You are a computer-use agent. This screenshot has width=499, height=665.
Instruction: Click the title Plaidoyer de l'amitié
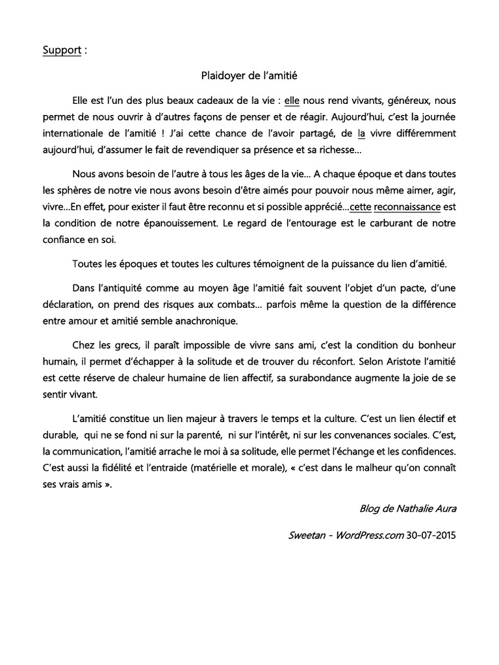(249, 76)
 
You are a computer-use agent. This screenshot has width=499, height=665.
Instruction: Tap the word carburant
(381, 224)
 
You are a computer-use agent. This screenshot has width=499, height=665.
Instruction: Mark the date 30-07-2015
(430, 536)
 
